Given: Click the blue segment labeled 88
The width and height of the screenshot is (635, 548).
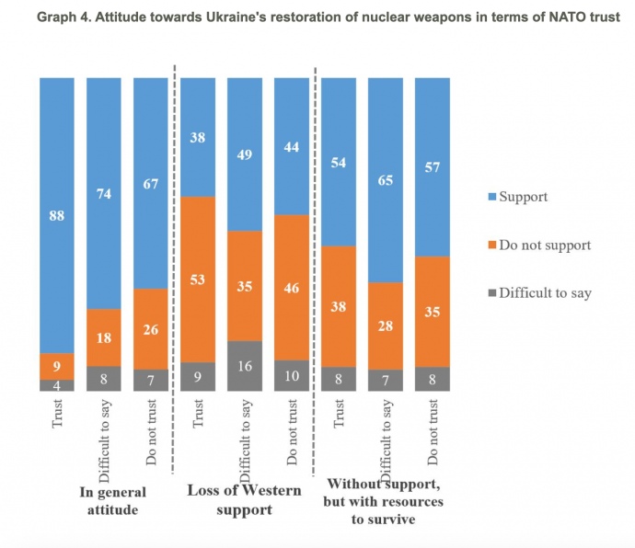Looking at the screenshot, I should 57,215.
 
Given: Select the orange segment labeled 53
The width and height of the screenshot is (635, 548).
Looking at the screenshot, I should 198,279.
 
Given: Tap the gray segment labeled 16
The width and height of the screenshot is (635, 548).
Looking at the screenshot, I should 245,366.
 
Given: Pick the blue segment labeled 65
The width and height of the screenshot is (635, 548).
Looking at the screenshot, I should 386,180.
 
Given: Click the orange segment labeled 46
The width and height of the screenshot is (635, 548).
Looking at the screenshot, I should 292,287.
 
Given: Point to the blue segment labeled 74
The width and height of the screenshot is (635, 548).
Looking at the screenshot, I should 104,193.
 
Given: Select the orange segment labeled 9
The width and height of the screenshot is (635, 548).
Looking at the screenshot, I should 57,366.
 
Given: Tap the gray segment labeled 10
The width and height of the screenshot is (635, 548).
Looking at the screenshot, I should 292,375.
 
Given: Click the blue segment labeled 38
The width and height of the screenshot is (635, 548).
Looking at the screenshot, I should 198,138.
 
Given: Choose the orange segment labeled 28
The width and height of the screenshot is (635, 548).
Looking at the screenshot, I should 386,325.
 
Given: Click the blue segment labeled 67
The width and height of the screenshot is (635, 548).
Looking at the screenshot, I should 151,184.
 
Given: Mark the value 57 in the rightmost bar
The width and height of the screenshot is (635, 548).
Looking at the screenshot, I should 433,166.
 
